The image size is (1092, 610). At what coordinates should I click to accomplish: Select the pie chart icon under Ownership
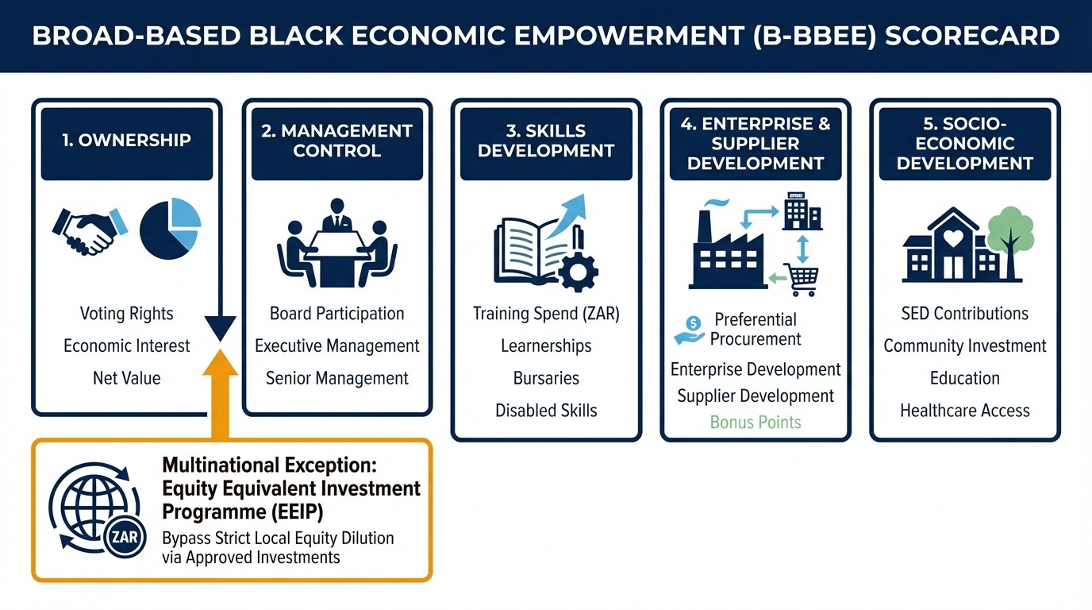pos(170,230)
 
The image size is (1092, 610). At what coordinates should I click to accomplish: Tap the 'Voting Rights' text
pos(126,314)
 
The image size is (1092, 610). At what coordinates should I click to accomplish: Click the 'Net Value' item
pos(126,378)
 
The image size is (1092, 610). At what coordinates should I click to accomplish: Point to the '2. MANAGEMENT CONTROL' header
pos(336,141)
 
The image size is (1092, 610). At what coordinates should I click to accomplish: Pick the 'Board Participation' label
pos(336,314)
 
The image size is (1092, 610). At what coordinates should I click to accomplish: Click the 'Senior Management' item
pos(336,378)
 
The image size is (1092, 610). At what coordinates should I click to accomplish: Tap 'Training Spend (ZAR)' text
pos(546,314)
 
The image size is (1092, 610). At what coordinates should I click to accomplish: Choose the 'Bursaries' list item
pos(546,378)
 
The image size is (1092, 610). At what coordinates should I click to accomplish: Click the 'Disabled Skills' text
pos(546,411)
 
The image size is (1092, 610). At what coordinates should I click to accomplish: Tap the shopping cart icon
pos(801,280)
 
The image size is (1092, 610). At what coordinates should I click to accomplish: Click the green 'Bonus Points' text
pos(756,422)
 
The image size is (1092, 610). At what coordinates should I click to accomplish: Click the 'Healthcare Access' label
pos(964,411)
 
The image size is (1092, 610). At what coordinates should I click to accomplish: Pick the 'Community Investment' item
pos(964,346)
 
